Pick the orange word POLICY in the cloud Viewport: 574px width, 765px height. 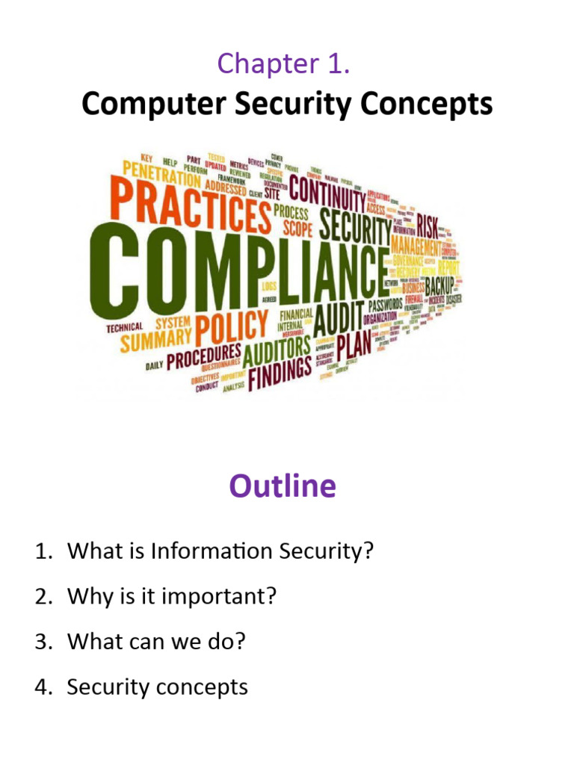pyautogui.click(x=233, y=329)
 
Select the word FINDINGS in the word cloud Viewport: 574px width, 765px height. pyautogui.click(x=280, y=371)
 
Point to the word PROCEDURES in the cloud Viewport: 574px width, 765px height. pyautogui.click(x=203, y=359)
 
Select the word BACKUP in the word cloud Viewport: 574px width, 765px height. pyautogui.click(x=444, y=285)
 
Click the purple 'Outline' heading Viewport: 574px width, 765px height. pyautogui.click(x=283, y=486)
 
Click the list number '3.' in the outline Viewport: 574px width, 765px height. pyautogui.click(x=43, y=642)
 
